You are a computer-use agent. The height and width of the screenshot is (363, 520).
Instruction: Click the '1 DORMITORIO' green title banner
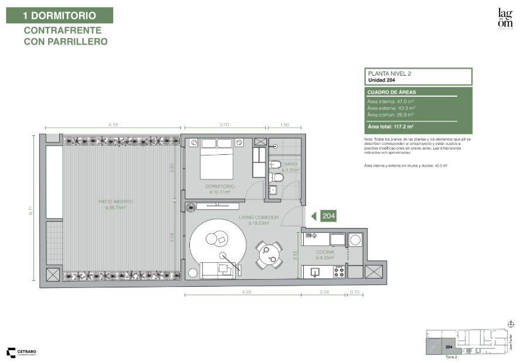(60, 15)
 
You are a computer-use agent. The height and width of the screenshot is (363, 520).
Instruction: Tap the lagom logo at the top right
(505, 18)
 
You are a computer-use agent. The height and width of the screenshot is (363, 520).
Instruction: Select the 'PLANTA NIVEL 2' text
(389, 73)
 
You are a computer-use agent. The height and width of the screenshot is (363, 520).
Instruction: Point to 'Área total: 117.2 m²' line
(390, 126)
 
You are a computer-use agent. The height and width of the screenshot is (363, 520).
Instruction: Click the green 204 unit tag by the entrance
(327, 216)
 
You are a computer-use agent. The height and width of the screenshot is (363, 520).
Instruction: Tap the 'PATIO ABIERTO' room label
(115, 201)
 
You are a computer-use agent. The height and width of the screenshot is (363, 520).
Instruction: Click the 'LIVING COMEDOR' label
(259, 218)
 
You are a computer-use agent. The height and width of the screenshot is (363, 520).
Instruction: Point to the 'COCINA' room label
(325, 252)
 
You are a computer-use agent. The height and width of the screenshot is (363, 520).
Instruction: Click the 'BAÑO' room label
(291, 164)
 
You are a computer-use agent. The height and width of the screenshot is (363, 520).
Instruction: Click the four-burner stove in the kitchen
(338, 272)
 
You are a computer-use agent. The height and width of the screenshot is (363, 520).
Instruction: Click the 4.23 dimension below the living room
(246, 291)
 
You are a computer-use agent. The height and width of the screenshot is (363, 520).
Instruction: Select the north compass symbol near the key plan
(510, 324)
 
